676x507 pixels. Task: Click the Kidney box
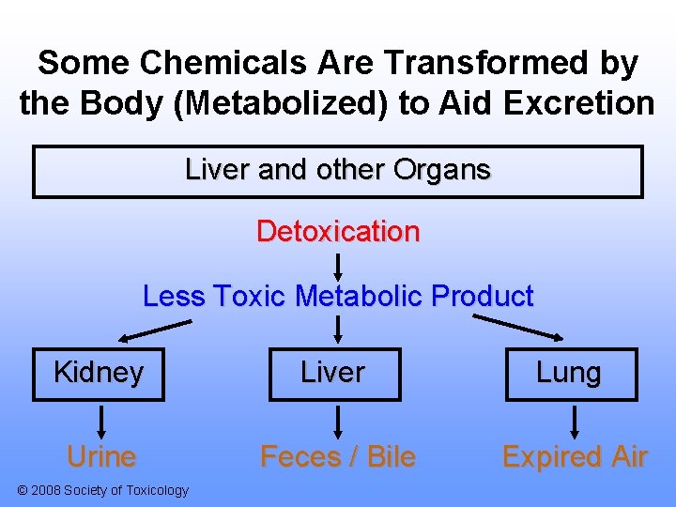click(99, 374)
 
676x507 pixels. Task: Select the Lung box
click(569, 374)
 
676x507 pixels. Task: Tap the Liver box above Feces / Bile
click(332, 374)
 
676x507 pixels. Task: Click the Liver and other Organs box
click(338, 171)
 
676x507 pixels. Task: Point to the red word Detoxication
click(338, 231)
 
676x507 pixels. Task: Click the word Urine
click(101, 457)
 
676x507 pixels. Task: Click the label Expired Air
click(575, 457)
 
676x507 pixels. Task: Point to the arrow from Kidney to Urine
click(101, 422)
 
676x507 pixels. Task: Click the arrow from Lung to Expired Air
click(575, 422)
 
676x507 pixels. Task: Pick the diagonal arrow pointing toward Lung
click(518, 328)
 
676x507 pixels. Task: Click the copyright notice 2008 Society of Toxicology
click(103, 490)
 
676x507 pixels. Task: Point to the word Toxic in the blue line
click(250, 297)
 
